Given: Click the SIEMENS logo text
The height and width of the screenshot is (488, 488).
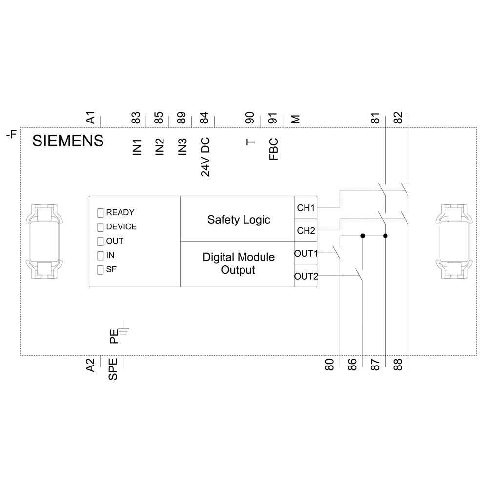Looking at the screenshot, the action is click(68, 141).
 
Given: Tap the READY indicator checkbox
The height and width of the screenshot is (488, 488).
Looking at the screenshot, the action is click(100, 213).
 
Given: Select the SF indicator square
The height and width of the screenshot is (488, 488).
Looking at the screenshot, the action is click(100, 270).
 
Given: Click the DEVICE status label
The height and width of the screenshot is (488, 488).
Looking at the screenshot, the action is click(122, 226).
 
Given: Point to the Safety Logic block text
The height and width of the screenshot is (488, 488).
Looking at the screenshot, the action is click(239, 220).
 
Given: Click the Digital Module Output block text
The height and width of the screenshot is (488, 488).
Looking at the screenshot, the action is click(239, 264).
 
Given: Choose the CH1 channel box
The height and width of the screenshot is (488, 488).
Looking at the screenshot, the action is click(305, 207).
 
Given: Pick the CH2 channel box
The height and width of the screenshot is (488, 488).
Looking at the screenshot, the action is click(305, 230).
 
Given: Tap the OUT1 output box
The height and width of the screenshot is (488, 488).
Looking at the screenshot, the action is click(305, 253).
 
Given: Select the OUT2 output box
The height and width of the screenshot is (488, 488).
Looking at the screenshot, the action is click(305, 276).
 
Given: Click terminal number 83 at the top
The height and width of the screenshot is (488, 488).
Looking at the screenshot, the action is click(136, 118).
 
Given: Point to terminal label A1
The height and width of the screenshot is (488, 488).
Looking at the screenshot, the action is click(90, 118).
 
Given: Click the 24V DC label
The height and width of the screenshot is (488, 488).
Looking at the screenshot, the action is click(205, 157).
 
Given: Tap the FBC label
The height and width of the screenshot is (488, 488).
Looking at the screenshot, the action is click(274, 149).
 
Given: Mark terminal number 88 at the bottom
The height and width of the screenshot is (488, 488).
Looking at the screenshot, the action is click(398, 365).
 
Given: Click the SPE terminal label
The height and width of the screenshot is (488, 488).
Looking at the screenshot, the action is click(113, 369).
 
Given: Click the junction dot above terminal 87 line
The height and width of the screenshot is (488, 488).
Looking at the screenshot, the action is click(386, 236).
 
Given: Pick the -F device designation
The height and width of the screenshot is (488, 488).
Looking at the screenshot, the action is click(12, 135).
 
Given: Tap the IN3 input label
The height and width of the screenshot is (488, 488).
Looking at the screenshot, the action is click(183, 146).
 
